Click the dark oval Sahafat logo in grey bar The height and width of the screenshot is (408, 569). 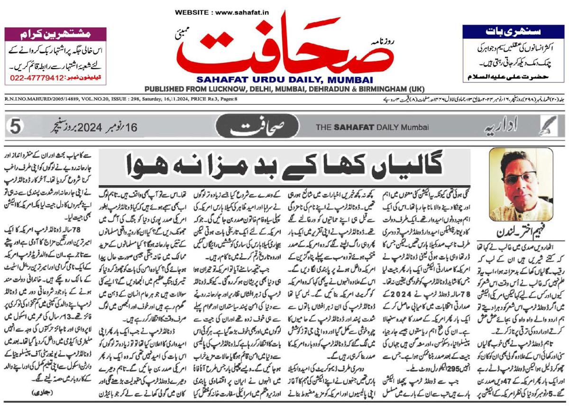261,127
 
